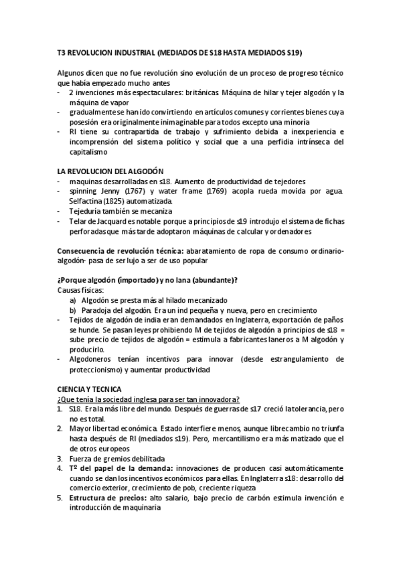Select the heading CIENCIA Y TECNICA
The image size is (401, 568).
click(x=89, y=389)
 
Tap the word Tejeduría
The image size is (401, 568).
click(x=86, y=210)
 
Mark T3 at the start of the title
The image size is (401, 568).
click(x=62, y=52)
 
